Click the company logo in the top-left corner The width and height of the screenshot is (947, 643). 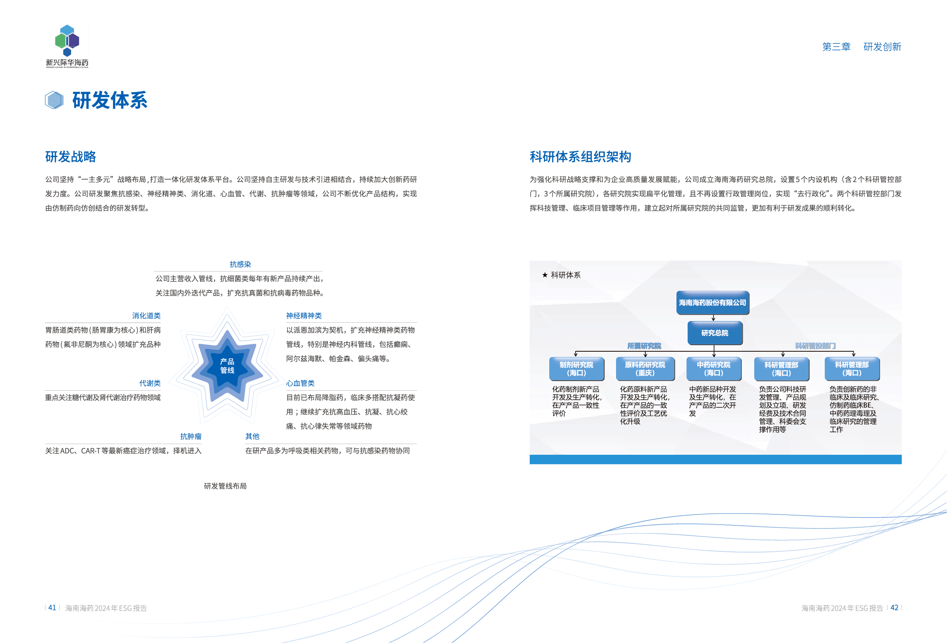pos(67,46)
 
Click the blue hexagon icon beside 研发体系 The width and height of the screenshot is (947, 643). pos(54,100)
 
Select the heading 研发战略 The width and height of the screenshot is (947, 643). pos(71,157)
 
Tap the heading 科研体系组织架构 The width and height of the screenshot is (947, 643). pos(580,157)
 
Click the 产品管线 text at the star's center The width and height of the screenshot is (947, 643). pos(227,366)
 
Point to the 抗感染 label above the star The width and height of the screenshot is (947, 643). pos(240,264)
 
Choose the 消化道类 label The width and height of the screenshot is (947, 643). pos(146,316)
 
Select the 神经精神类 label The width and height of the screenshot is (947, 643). pos(303,316)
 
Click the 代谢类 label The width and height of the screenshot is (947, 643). pos(150,383)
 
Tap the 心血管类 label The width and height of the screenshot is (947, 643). pos(301,383)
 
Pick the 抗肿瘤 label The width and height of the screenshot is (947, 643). pos(191,436)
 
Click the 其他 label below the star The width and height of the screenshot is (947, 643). pos(252,436)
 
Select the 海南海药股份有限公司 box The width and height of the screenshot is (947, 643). pos(712,302)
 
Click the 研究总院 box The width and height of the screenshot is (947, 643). pos(714,333)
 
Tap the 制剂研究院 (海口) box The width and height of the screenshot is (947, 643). pos(576,368)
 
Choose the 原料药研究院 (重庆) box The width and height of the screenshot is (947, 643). pos(645,368)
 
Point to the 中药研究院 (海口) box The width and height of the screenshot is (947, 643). pos(713,368)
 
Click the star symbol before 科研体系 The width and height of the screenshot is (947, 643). pos(545,275)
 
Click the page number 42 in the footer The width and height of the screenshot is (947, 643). pos(894,607)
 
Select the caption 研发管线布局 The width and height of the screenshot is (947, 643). pos(225,486)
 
